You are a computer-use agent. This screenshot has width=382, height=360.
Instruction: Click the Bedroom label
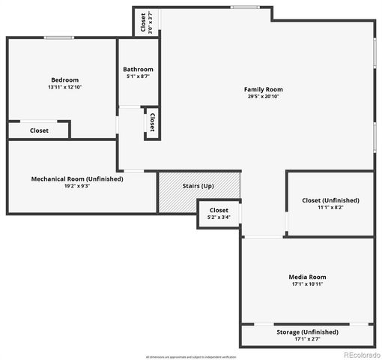click(64, 80)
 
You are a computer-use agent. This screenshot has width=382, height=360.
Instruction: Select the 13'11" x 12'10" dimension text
click(64, 88)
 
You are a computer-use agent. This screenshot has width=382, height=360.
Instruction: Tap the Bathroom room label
click(138, 70)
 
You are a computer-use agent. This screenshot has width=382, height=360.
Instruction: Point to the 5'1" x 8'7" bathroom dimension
click(138, 76)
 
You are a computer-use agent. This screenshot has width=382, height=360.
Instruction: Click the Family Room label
click(263, 89)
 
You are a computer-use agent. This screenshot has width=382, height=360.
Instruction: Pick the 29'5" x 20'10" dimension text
click(263, 97)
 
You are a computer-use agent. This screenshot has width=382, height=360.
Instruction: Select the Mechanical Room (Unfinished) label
click(77, 179)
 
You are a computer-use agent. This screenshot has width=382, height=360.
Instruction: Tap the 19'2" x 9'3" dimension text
click(77, 187)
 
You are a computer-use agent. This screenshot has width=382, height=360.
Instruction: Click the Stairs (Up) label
click(198, 186)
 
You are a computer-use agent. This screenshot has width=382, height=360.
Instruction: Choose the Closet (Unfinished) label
click(330, 200)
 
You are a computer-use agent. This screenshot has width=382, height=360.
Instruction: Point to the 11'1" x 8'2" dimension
click(330, 208)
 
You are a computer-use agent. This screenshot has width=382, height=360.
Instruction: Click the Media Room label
click(307, 277)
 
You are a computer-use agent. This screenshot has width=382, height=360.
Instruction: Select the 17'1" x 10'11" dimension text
click(307, 284)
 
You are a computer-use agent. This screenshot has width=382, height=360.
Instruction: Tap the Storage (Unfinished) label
click(307, 331)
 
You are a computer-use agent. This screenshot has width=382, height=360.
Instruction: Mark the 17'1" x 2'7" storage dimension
click(307, 339)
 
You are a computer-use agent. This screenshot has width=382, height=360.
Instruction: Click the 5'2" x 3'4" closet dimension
click(219, 217)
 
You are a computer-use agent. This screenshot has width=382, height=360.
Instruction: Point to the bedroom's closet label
click(39, 130)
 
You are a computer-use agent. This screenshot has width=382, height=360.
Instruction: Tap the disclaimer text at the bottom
click(190, 356)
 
